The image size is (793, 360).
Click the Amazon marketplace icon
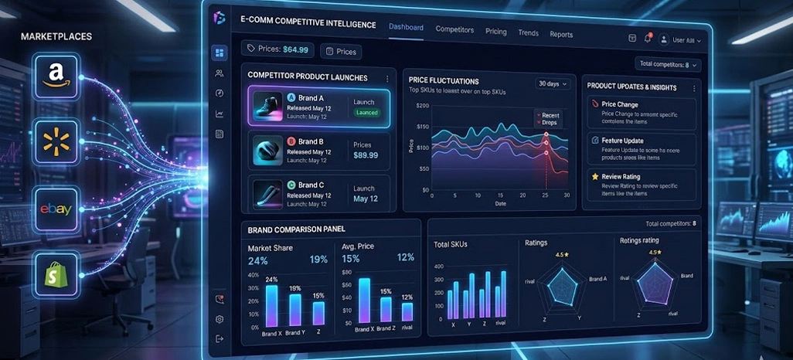[55, 76]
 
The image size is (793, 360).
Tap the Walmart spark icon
[55, 142]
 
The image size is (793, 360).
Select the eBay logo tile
[56, 209]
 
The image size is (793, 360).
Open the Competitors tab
[454, 29]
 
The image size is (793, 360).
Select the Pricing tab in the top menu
[496, 32]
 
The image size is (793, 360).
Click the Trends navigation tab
[529, 33]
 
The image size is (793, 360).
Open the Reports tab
[561, 35]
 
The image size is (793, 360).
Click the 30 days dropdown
[553, 83]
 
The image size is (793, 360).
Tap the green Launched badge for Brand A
[366, 113]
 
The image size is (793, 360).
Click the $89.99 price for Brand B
[366, 155]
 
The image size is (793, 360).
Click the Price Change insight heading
[620, 104]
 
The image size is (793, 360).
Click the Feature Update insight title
[622, 141]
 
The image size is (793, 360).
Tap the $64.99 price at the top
[295, 49]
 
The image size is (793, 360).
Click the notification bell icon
[648, 39]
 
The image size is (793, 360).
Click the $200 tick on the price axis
[422, 106]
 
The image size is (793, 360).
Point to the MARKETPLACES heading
[56, 36]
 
